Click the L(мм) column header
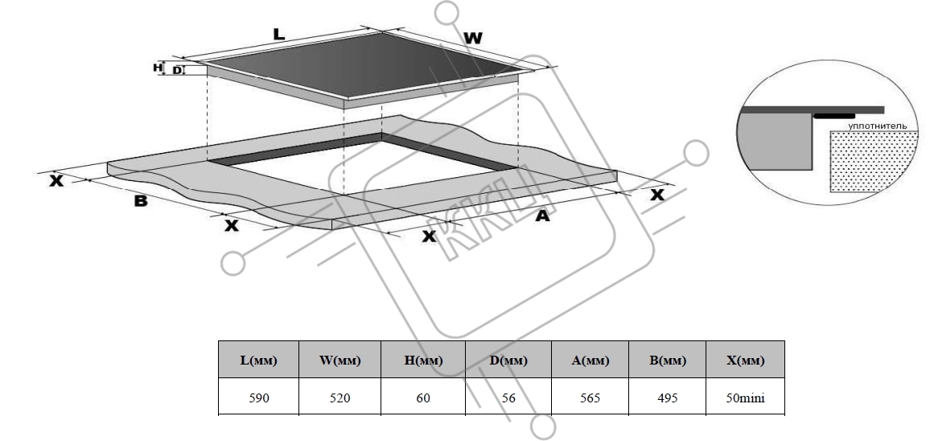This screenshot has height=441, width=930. pos(258,360)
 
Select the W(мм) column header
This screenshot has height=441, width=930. pos(339,360)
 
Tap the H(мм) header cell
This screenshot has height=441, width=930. pos(423,360)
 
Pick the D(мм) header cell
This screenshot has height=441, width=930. pos(508,360)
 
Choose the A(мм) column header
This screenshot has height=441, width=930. pos(591,360)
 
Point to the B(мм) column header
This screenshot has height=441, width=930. pos(667,360)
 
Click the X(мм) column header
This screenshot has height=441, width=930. pos(745,360)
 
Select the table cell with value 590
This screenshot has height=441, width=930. pos(258,397)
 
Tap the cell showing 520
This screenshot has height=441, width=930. pos(339,397)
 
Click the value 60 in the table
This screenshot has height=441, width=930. pos(423,397)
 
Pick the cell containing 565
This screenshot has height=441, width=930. pos(591,397)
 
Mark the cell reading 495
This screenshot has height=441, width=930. pos(667,397)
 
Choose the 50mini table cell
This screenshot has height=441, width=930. pos(745,397)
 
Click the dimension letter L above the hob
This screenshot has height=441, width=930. pos(279,35)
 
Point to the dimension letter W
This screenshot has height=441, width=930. pos(473,39)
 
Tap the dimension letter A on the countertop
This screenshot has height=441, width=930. pos(542,216)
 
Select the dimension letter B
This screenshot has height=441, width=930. pos(141,201)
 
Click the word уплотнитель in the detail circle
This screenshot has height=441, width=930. pos(877,126)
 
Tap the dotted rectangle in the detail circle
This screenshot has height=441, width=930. pos(872,161)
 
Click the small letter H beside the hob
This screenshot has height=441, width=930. pos(158,68)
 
